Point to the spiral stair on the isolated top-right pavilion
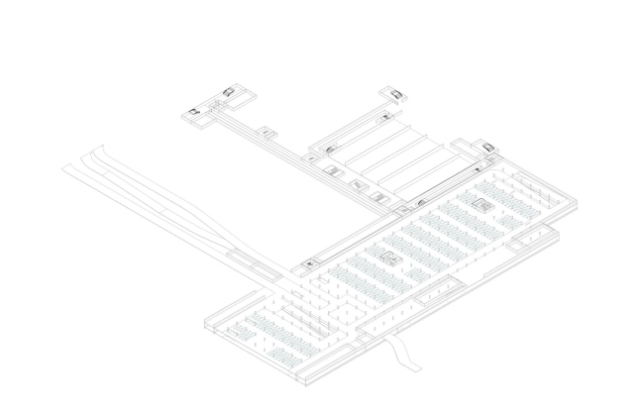pos(396,95)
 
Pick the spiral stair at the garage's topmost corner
pos(487,149)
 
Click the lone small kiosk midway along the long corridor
pos(267,131)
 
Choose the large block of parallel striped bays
pos(386,154)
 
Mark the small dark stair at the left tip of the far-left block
pos(194,113)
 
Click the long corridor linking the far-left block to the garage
pos(297,158)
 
